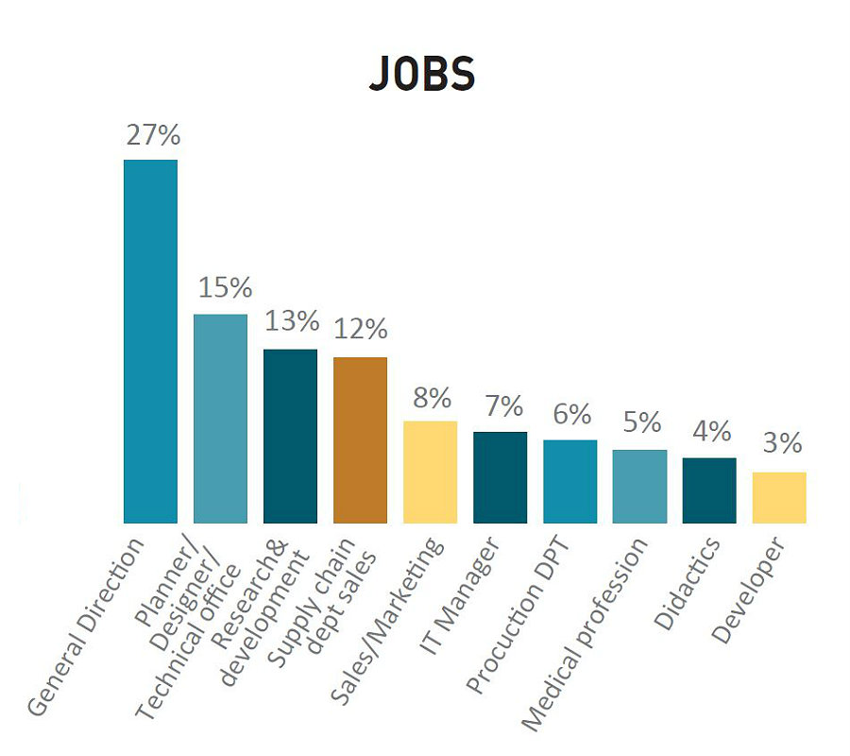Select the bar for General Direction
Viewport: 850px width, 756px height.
[151, 340]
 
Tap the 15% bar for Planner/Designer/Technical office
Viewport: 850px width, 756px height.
[220, 418]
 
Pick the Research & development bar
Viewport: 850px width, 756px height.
[290, 436]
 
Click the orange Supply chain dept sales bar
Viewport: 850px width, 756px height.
[360, 439]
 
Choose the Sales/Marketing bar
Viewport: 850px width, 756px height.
[430, 472]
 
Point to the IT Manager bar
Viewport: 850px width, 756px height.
[500, 477]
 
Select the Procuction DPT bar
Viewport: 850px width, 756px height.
[569, 481]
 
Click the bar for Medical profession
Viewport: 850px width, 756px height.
[639, 486]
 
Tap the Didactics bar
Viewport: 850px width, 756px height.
[709, 490]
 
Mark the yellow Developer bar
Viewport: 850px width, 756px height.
[779, 497]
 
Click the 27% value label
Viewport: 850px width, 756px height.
[152, 135]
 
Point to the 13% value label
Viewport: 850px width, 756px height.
[291, 321]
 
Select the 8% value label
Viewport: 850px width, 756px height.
[431, 397]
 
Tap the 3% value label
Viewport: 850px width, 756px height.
[780, 443]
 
